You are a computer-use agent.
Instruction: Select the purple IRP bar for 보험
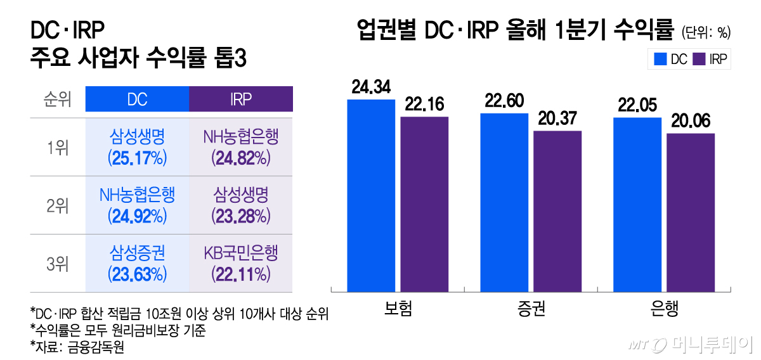click(x=424, y=204)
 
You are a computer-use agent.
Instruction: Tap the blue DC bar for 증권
click(x=504, y=202)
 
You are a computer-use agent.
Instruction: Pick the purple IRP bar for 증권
click(x=557, y=211)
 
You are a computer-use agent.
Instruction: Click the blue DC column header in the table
click(x=137, y=99)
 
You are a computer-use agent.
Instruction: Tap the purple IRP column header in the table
click(x=241, y=99)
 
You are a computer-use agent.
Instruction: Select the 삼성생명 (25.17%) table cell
click(x=137, y=146)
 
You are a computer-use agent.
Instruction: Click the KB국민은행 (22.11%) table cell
click(x=241, y=264)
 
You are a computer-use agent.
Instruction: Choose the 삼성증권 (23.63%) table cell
click(x=137, y=264)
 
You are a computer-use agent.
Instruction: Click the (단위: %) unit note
click(x=706, y=30)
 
